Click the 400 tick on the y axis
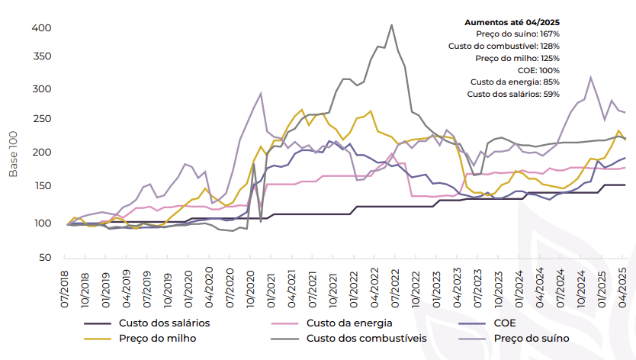pyautogui.click(x=41, y=28)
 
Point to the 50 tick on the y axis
pyautogui.click(x=44, y=258)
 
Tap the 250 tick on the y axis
pyautogui.click(x=41, y=120)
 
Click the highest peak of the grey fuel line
pyautogui.click(x=391, y=25)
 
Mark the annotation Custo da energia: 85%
pyautogui.click(x=515, y=82)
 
